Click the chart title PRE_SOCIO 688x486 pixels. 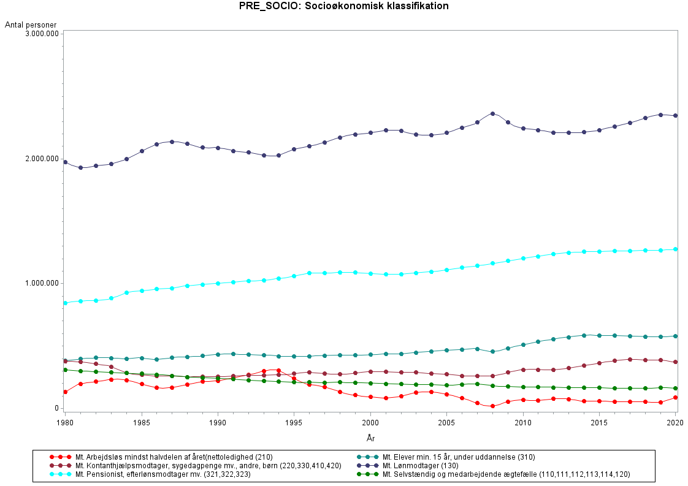click(x=343, y=7)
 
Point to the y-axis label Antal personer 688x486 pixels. click(x=31, y=25)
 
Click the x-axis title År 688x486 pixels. click(x=370, y=438)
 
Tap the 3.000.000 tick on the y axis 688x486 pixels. click(x=42, y=33)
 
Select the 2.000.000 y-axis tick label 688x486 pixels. click(x=42, y=158)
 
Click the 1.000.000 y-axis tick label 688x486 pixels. click(x=42, y=283)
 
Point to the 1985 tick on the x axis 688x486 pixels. click(x=142, y=423)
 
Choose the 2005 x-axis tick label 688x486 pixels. click(x=446, y=423)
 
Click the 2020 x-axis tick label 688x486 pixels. click(x=675, y=423)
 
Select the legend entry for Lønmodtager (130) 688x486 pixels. click(x=420, y=466)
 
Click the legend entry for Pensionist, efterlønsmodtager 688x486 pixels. click(x=162, y=474)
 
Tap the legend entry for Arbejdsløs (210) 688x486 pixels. click(x=174, y=457)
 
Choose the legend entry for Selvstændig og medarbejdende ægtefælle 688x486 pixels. click(x=506, y=474)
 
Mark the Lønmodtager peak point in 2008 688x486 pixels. click(x=492, y=113)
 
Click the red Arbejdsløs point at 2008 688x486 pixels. click(x=492, y=406)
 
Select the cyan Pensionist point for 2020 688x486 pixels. click(x=675, y=249)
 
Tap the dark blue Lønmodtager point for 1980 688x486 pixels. click(x=66, y=162)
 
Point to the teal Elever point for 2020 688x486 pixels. click(x=675, y=336)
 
